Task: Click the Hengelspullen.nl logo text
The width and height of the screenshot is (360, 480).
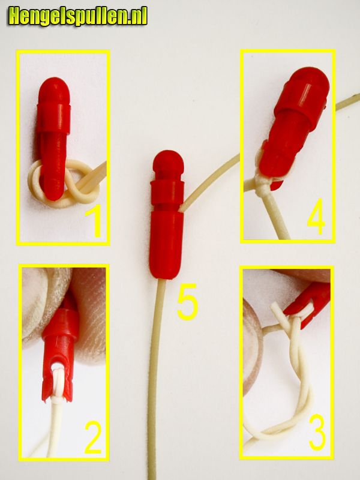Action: (78, 16)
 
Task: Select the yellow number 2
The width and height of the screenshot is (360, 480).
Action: (93, 437)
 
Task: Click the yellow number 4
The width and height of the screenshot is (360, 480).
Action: (316, 217)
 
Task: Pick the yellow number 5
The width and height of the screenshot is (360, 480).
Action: (187, 302)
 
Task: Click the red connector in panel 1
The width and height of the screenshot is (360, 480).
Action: (55, 138)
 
